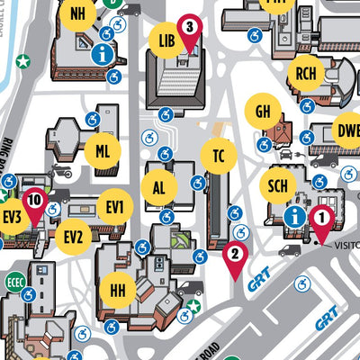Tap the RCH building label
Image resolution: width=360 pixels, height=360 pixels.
click(306, 75)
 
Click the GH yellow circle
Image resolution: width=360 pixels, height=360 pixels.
click(263, 112)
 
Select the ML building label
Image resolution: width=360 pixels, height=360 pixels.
click(103, 151)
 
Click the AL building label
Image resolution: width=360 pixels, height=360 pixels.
click(159, 188)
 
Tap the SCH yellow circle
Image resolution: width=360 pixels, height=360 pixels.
click(277, 185)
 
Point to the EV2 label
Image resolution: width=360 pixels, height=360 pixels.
click(73, 238)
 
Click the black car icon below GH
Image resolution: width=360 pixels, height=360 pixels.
click(285, 154)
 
